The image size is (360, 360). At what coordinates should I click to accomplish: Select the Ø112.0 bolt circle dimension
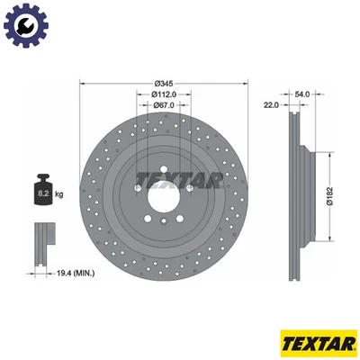[163, 94]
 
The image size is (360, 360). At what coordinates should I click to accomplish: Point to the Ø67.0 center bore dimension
[163, 104]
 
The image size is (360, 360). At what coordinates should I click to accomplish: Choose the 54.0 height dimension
[302, 94]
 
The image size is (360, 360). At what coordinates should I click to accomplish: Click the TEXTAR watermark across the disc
[180, 181]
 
